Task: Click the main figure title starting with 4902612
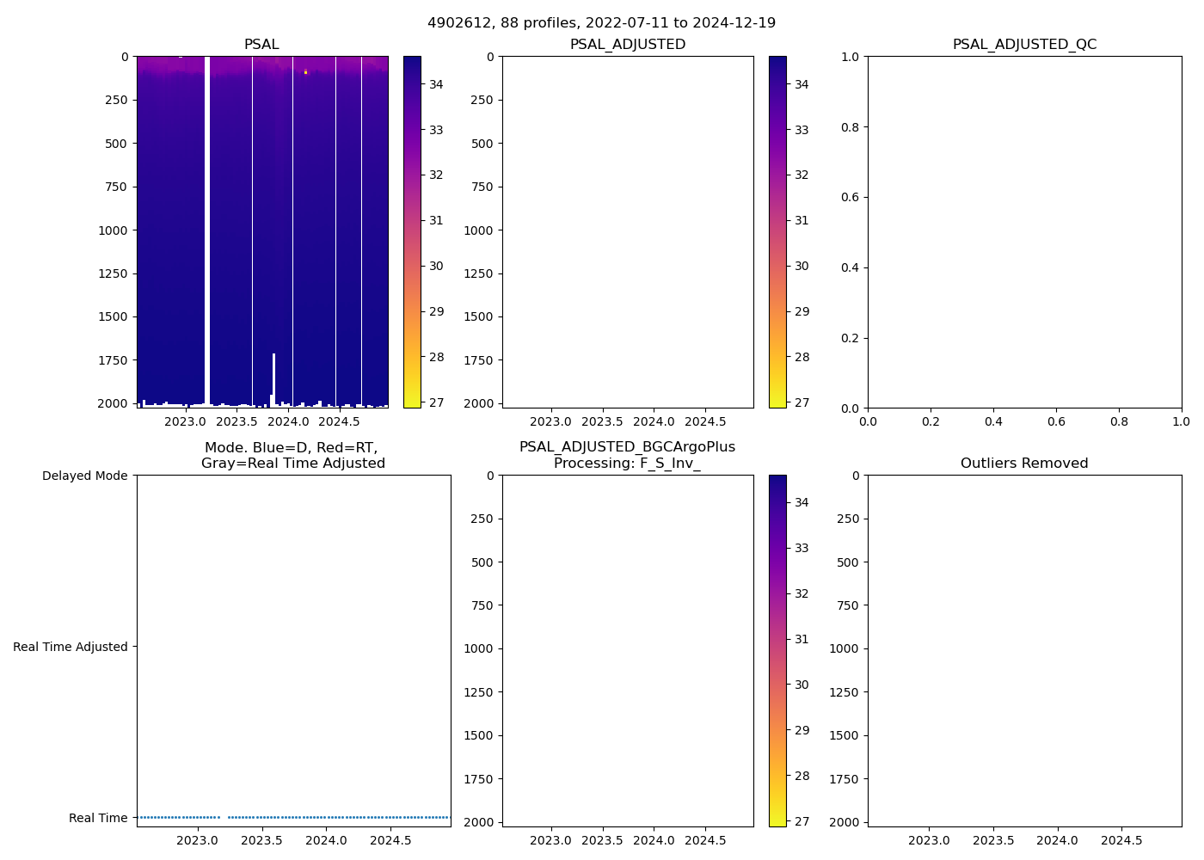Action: tap(601, 22)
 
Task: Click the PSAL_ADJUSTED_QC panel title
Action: tap(1024, 45)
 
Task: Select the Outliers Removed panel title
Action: tap(1024, 464)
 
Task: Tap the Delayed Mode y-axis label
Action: tap(84, 476)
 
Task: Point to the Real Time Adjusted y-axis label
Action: tap(70, 647)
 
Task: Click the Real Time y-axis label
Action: tap(98, 818)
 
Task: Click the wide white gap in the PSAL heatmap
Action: tap(207, 224)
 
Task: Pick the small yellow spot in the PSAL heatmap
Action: tap(305, 72)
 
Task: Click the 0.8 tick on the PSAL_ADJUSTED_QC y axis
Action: tap(850, 127)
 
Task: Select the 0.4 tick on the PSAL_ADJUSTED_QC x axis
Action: tap(993, 421)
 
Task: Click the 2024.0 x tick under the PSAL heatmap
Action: tap(288, 421)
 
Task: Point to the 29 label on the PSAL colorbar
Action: tap(436, 311)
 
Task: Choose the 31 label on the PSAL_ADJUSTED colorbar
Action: tap(802, 220)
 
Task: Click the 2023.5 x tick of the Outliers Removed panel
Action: tap(993, 840)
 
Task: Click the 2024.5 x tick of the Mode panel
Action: tap(390, 840)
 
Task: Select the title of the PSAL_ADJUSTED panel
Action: tap(628, 45)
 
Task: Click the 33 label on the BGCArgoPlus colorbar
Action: tap(802, 548)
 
